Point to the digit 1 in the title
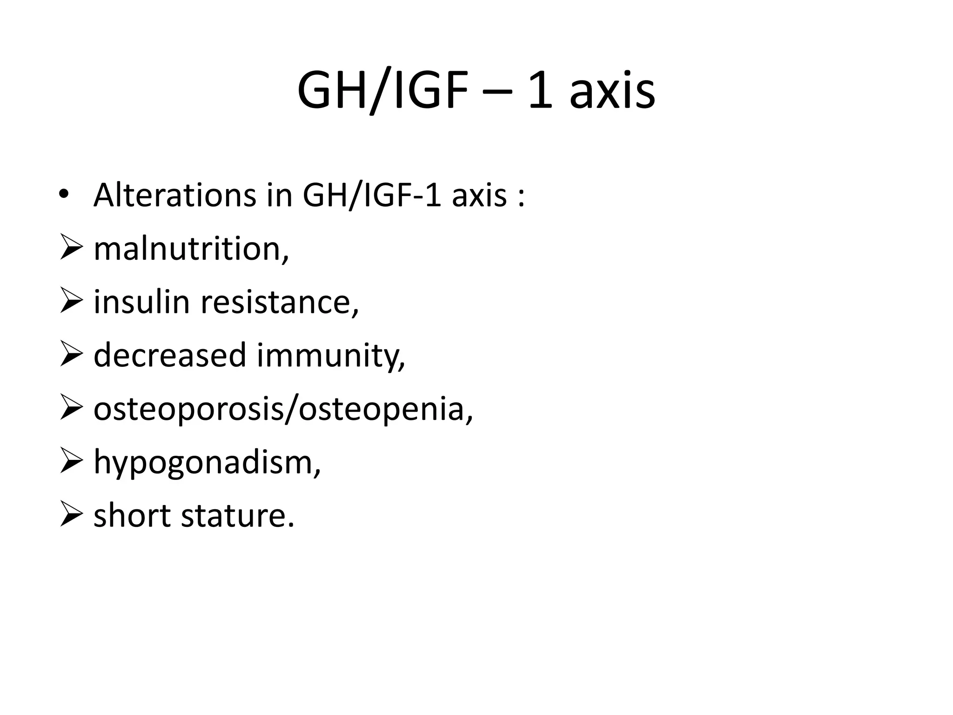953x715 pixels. [541, 91]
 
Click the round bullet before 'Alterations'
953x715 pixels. [63, 196]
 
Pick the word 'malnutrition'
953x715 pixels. [188, 249]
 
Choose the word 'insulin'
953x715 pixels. [142, 302]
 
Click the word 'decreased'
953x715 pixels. [170, 355]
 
